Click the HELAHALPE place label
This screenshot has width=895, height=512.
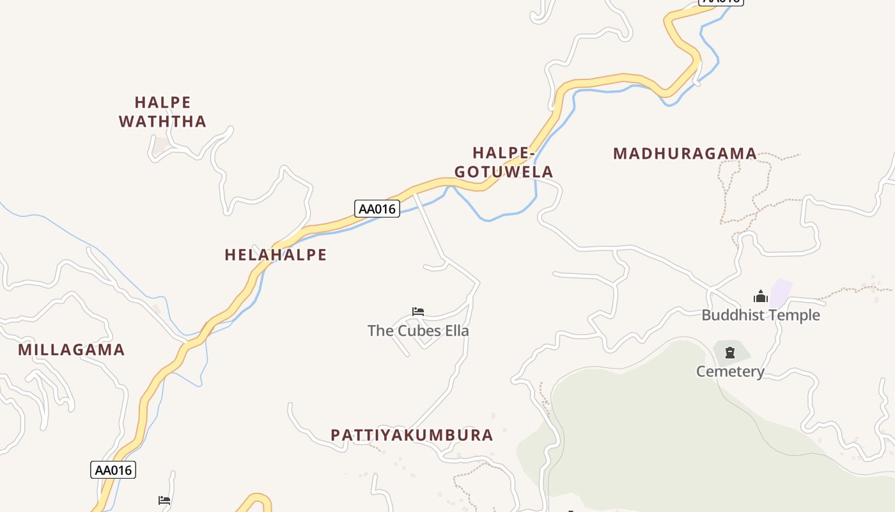276,255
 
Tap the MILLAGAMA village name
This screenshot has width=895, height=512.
71,350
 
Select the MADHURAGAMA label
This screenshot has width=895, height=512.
685,154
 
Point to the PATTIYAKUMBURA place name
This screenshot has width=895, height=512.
412,435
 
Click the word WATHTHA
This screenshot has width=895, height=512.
162,122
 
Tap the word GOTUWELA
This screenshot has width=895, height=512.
504,172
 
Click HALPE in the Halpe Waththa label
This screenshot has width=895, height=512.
162,102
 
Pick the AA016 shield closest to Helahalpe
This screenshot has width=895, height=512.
377,209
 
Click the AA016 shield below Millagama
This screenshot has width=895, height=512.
113,470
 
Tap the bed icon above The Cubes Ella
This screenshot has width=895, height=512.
418,312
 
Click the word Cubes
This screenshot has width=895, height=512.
419,331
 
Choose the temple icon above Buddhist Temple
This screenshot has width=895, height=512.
760,296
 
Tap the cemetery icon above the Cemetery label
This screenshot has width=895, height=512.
730,352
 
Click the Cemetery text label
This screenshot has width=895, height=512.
730,371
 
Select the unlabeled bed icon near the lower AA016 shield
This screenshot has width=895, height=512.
164,500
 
